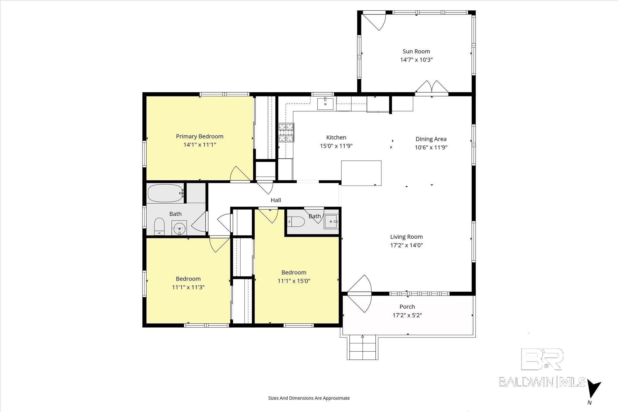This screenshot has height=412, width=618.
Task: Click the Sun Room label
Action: pyautogui.click(x=416, y=51)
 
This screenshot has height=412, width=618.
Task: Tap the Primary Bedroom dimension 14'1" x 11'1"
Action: pyautogui.click(x=200, y=145)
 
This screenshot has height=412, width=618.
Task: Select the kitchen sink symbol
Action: pyautogui.click(x=325, y=103)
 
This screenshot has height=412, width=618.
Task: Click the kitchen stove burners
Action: pyautogui.click(x=286, y=132)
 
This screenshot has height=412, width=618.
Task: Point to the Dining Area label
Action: pyautogui.click(x=431, y=139)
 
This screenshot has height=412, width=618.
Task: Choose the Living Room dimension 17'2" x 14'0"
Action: pyautogui.click(x=406, y=245)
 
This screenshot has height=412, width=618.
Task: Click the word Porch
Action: pyautogui.click(x=407, y=307)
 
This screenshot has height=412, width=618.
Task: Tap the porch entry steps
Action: pyautogui.click(x=362, y=347)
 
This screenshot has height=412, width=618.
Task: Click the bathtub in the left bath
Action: pyautogui.click(x=165, y=193)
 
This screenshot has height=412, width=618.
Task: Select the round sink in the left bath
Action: pyautogui.click(x=180, y=227)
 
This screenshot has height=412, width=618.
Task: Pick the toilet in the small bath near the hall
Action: pyautogui.click(x=296, y=222)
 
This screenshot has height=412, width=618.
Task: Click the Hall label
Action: pyautogui.click(x=276, y=200)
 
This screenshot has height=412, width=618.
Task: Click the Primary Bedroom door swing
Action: pyautogui.click(x=241, y=174)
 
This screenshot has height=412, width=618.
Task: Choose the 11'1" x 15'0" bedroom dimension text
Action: pyautogui.click(x=294, y=281)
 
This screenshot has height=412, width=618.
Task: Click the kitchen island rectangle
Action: pyautogui.click(x=361, y=173)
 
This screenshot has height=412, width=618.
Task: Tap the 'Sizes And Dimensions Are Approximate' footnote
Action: pyautogui.click(x=309, y=398)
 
